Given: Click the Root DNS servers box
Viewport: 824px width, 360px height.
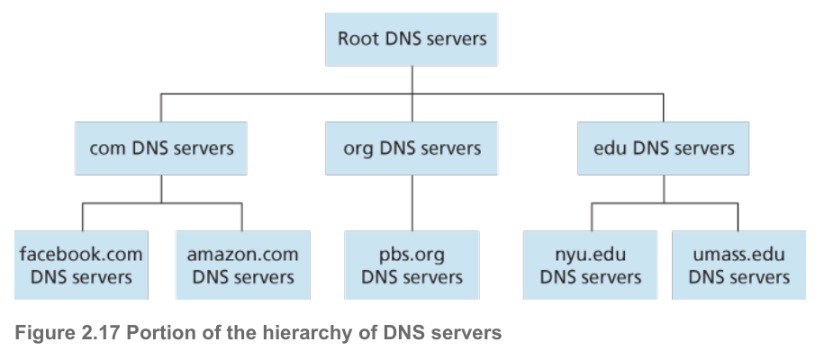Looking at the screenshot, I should coord(412,39).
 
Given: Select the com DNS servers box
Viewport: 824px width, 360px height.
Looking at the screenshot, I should coord(161,148).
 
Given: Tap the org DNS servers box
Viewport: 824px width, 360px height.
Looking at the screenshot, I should coord(412,148).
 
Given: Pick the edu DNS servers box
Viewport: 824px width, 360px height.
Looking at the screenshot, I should coord(664,148).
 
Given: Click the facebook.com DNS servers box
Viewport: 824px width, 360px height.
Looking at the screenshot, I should coord(80,265).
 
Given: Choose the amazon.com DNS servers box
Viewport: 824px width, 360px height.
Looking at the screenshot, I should coord(242,265).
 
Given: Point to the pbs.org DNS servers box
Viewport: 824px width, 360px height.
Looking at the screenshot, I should coord(412,265).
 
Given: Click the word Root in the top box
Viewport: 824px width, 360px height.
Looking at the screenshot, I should coord(357,39).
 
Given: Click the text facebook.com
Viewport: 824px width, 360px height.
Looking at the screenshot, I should coord(80,254).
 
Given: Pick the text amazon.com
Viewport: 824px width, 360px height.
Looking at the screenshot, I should coord(242,254).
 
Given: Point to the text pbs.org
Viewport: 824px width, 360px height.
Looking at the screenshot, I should coord(412,254).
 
